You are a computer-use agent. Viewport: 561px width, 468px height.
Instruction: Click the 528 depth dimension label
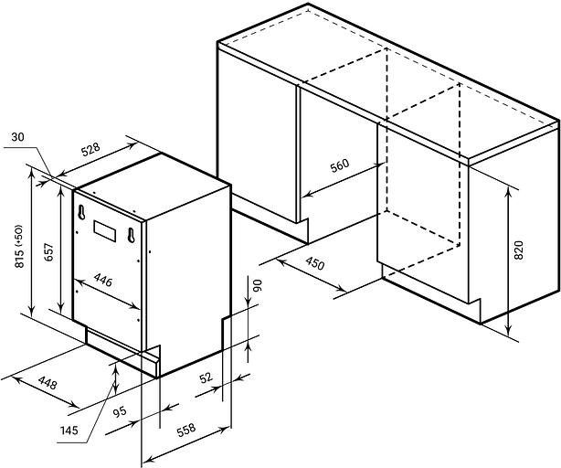tap(90, 150)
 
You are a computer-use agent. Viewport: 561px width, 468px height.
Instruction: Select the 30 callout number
tap(17, 137)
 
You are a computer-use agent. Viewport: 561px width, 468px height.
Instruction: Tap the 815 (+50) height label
tap(19, 246)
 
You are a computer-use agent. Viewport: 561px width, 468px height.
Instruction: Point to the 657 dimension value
tap(48, 252)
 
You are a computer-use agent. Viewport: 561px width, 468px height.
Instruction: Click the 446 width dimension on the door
tap(103, 280)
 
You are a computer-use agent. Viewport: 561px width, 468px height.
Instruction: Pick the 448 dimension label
tap(48, 383)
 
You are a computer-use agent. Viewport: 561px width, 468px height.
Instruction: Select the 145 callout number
tap(69, 431)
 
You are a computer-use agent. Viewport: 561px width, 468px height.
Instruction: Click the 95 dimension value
tap(120, 412)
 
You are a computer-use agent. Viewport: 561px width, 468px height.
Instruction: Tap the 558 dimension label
tap(186, 430)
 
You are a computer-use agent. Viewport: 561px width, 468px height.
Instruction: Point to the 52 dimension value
tap(206, 378)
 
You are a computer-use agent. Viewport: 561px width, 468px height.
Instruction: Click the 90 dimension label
tap(258, 285)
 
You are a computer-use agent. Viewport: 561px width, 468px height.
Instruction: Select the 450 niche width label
tap(315, 263)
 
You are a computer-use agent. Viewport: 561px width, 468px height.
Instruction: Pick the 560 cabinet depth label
tap(339, 165)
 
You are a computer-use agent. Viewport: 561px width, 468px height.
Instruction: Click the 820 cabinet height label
tap(518, 250)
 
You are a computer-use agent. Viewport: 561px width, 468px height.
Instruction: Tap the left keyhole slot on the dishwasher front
tap(81, 212)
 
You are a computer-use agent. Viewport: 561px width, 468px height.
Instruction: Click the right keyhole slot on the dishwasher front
tap(131, 235)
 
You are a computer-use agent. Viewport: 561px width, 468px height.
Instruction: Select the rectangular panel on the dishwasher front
tap(105, 231)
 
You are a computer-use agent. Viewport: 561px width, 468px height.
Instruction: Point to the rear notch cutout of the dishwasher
tap(227, 333)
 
